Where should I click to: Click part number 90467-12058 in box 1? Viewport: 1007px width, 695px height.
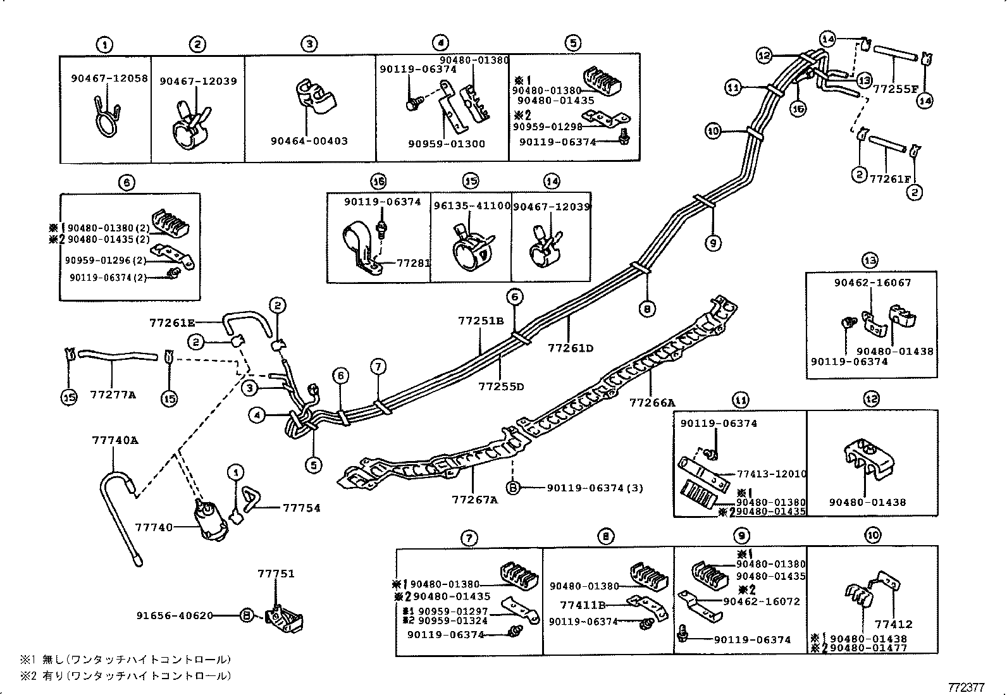click(x=109, y=78)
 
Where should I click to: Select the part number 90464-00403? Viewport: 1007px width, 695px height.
click(x=308, y=141)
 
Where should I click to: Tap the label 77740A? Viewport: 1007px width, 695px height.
click(x=114, y=441)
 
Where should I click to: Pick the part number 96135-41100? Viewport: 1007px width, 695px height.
click(x=471, y=206)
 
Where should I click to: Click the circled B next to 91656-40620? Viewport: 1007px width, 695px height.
click(x=247, y=615)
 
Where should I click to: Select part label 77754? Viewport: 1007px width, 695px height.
click(x=300, y=508)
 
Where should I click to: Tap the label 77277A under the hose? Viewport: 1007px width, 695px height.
click(x=113, y=395)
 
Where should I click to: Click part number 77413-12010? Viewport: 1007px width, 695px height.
click(x=771, y=474)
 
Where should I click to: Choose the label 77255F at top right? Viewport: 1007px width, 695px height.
click(x=894, y=89)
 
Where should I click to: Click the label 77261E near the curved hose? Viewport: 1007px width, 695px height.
click(x=172, y=323)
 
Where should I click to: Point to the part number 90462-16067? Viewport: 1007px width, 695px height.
click(x=872, y=283)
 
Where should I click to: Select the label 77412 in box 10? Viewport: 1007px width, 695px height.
click(x=894, y=624)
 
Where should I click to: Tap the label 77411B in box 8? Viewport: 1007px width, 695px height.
click(x=583, y=605)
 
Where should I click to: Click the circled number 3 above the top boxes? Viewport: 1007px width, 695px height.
click(x=309, y=44)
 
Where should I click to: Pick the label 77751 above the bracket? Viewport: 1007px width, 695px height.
click(x=276, y=574)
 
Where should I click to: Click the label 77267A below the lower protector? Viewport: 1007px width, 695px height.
click(x=474, y=500)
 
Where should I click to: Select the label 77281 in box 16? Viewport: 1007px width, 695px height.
click(x=413, y=262)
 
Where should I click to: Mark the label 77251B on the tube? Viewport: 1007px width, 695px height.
click(x=481, y=321)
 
